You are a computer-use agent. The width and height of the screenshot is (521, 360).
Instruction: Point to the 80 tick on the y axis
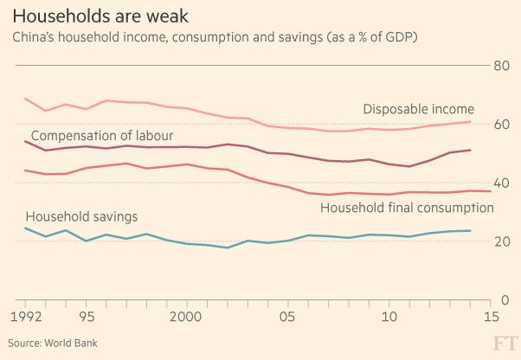(x=499, y=66)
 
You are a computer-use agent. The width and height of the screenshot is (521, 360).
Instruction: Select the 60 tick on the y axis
(x=499, y=125)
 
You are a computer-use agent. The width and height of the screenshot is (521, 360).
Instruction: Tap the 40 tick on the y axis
(x=499, y=183)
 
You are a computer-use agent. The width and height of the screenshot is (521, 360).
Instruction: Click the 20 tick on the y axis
(x=499, y=242)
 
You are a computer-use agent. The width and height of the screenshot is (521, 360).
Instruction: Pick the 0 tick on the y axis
(x=504, y=300)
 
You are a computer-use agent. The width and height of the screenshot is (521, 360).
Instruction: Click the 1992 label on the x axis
(x=25, y=317)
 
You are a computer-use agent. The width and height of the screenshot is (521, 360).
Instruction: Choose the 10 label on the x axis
(x=389, y=317)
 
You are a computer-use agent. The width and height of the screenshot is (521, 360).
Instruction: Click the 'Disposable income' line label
(x=418, y=109)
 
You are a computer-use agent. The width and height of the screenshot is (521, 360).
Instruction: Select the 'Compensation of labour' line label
(x=102, y=136)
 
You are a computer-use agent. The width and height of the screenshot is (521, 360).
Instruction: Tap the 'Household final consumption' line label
(x=407, y=208)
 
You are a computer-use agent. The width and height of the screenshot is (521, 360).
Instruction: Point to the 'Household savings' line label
(x=82, y=215)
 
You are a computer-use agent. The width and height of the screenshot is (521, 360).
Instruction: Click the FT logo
(x=505, y=342)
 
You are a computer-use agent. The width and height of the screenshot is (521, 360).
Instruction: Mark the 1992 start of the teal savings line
(x=25, y=228)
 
